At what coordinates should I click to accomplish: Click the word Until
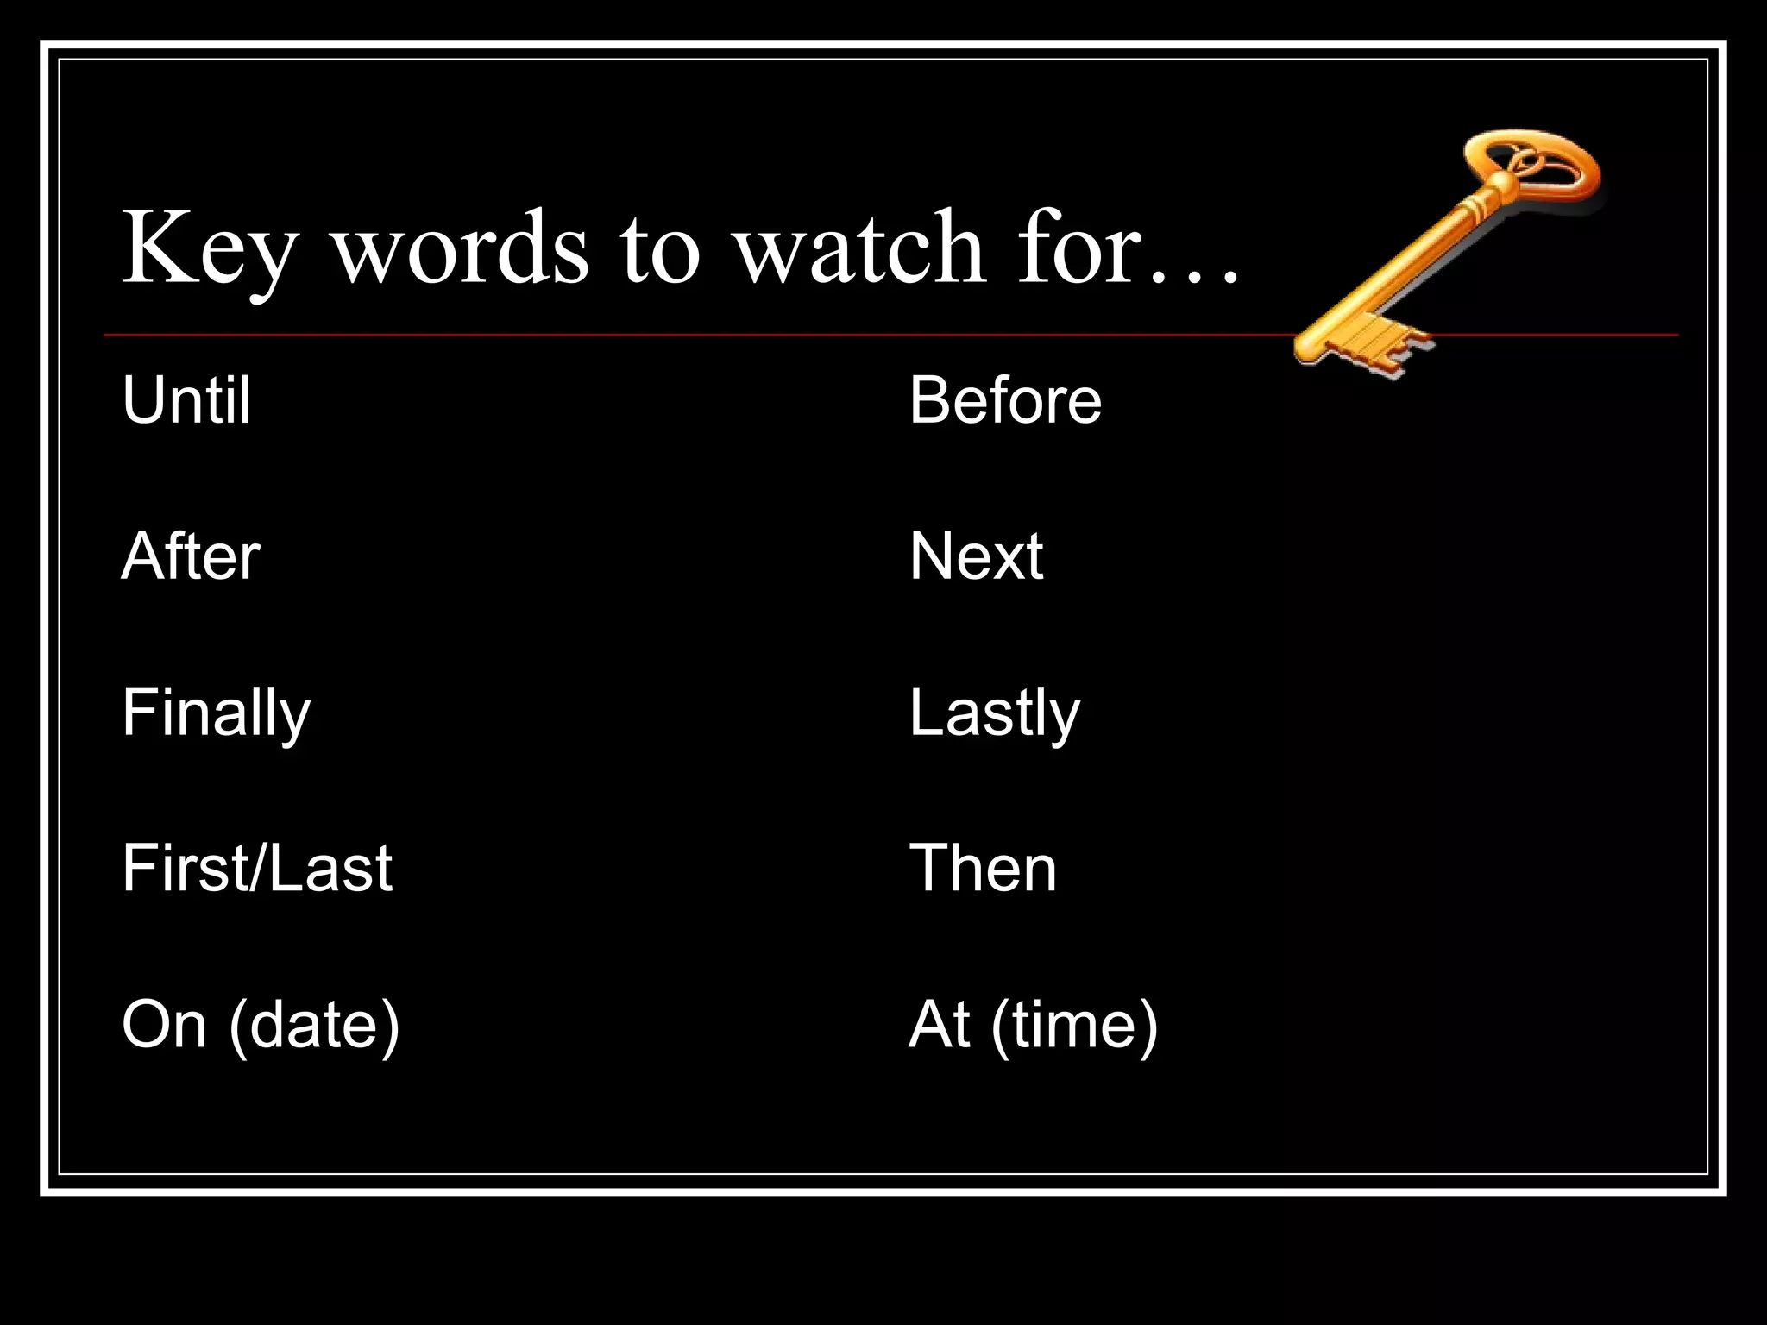(186, 400)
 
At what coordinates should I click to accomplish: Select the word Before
(1005, 400)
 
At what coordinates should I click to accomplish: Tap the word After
(191, 556)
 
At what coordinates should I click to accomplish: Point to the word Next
(976, 556)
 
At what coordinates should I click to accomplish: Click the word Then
(983, 868)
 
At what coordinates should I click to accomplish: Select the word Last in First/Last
(331, 868)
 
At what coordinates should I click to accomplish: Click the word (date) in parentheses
(314, 1025)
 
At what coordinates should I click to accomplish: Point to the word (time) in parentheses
(1074, 1025)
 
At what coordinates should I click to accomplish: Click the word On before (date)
(164, 1025)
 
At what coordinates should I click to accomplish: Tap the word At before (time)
(939, 1025)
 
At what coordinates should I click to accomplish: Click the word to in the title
(660, 250)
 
